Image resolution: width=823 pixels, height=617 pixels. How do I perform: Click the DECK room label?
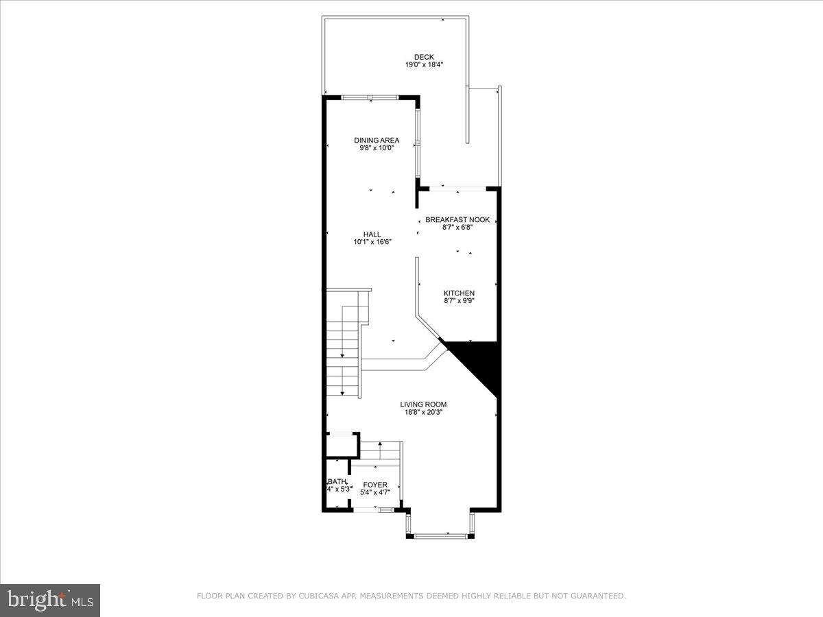click(424, 57)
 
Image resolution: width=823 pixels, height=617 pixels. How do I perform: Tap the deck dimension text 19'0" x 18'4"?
click(424, 65)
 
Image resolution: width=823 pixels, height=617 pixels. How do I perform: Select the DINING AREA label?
click(377, 141)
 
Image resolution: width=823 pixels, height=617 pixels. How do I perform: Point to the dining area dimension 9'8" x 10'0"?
click(377, 148)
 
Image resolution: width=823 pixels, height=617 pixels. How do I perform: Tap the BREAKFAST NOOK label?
click(457, 219)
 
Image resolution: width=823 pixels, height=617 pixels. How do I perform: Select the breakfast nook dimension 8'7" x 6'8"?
click(457, 227)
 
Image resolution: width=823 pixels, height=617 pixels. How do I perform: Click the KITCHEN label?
click(459, 293)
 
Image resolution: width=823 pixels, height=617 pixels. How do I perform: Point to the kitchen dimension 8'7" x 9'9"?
click(459, 300)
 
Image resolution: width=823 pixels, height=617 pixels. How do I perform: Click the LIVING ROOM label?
click(423, 404)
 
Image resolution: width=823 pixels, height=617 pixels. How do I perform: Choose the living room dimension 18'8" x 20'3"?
click(423, 412)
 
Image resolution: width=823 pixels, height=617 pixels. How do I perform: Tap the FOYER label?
click(375, 485)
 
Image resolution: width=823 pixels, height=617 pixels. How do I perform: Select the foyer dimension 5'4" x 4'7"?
click(375, 492)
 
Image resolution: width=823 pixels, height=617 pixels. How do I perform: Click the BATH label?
click(337, 481)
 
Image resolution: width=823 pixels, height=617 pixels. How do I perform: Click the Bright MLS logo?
click(51, 601)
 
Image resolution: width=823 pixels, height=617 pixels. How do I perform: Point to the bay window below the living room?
click(439, 535)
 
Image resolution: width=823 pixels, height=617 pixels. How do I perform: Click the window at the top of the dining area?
click(370, 97)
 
